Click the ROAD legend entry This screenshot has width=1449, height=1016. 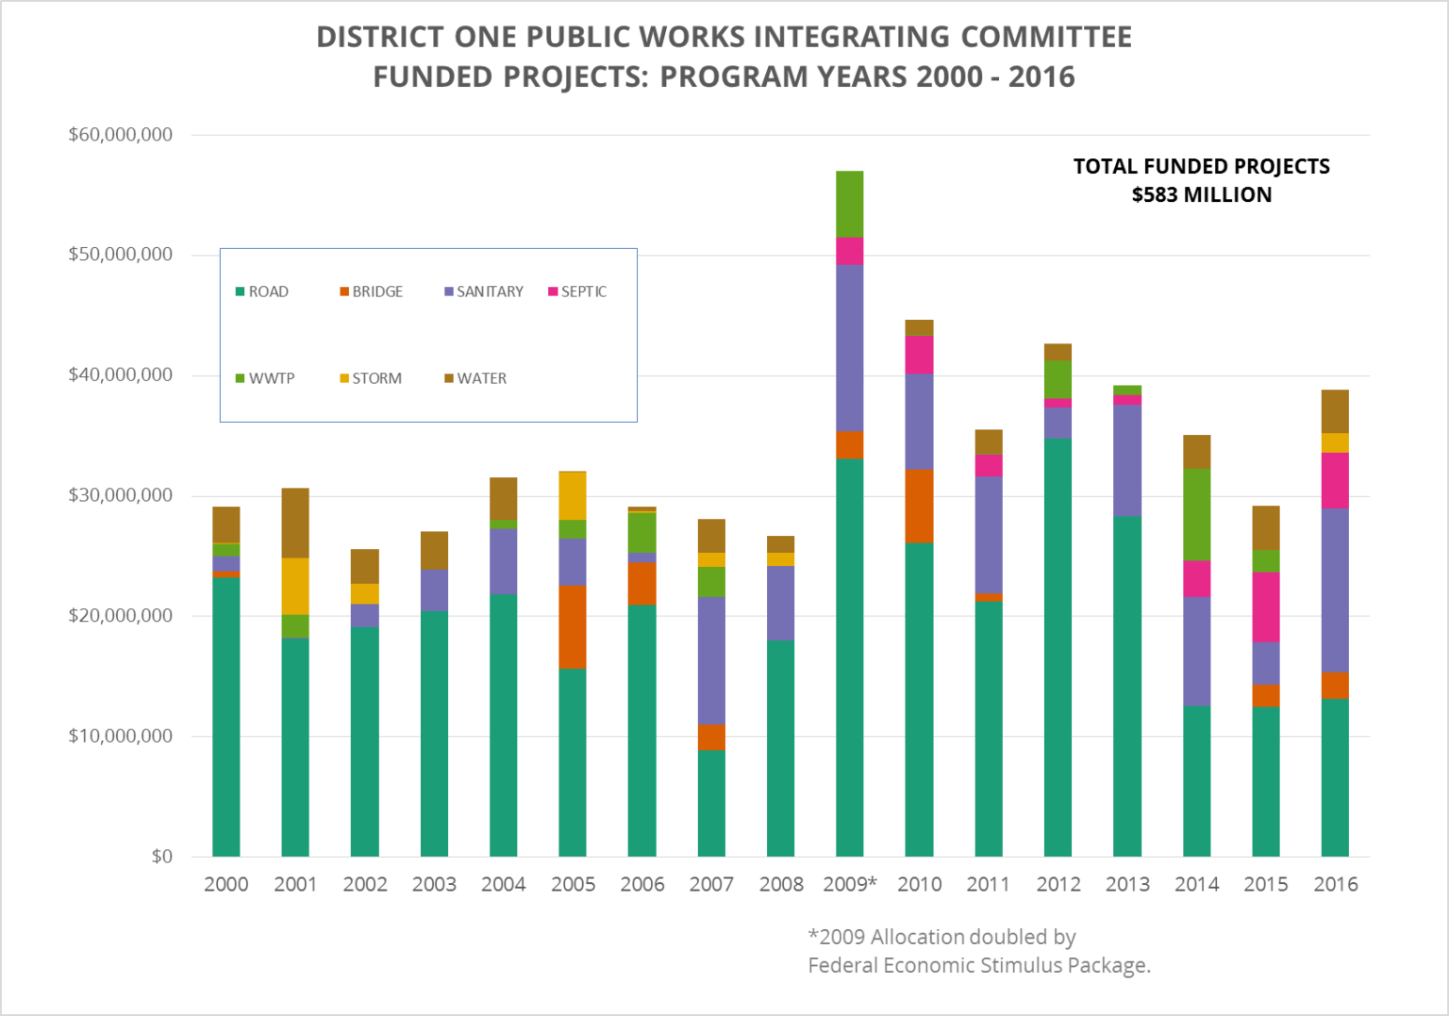[262, 291]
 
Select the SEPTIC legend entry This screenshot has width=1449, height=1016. [577, 291]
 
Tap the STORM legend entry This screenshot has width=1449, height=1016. [371, 378]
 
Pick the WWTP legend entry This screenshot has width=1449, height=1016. [265, 378]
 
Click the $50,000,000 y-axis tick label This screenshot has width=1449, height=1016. [120, 255]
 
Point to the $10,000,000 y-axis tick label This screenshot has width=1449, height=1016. [120, 736]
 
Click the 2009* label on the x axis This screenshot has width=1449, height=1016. [849, 884]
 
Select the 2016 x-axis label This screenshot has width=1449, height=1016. [1335, 884]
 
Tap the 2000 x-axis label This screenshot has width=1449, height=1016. [226, 884]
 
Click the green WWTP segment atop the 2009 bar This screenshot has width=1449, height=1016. [849, 204]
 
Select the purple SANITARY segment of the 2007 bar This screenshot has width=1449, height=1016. [711, 660]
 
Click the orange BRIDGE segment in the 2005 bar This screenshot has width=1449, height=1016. [573, 627]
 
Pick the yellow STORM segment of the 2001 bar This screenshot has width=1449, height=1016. [295, 586]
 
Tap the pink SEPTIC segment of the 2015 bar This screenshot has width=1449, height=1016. [1266, 607]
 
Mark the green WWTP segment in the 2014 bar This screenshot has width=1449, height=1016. [1196, 514]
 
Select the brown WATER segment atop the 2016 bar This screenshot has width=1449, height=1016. [1335, 411]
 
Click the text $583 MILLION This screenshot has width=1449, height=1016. [1201, 195]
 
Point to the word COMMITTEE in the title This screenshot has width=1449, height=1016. [1046, 37]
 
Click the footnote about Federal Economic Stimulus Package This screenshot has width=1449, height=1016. [978, 965]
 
